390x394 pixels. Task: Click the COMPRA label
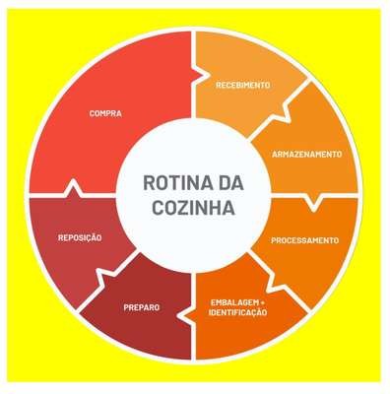(105, 113)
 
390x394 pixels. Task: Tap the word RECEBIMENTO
(243, 85)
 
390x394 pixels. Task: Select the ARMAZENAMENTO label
(307, 154)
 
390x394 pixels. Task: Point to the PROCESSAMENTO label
(304, 240)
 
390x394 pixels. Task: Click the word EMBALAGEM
(235, 302)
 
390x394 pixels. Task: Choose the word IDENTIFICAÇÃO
(237, 312)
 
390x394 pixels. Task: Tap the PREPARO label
(142, 307)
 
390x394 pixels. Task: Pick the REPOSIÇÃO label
(80, 237)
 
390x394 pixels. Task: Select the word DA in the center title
(229, 183)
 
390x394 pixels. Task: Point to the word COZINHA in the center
(194, 208)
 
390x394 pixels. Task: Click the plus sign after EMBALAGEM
(263, 302)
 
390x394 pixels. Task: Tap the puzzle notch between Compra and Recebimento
(200, 75)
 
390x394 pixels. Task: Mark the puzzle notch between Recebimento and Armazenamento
(285, 113)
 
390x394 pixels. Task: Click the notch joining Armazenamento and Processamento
(313, 201)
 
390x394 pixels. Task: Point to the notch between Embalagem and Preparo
(187, 315)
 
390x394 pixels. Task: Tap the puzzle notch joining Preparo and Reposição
(106, 273)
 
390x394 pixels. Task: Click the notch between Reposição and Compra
(74, 188)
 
